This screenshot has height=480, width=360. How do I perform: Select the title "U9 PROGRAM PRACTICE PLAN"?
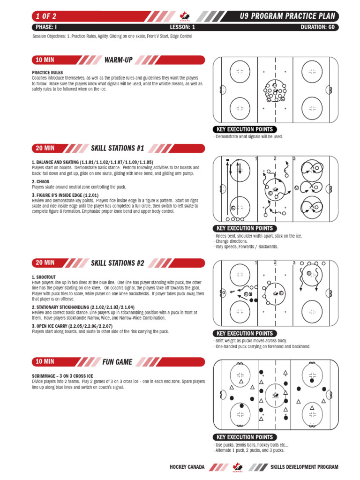(287, 17)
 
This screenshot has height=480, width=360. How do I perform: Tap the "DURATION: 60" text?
(317, 27)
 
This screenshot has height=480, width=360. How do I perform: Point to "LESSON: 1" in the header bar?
(182, 27)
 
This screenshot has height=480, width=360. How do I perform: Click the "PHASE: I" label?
(46, 27)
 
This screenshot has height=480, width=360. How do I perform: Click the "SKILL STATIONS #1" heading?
(117, 148)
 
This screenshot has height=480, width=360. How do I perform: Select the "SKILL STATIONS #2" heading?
(117, 262)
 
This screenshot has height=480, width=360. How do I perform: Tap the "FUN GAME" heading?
(117, 361)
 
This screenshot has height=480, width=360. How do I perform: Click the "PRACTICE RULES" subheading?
(44, 73)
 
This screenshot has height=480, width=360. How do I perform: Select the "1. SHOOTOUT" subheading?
(44, 277)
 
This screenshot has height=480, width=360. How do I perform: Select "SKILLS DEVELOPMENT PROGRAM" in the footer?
(304, 467)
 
